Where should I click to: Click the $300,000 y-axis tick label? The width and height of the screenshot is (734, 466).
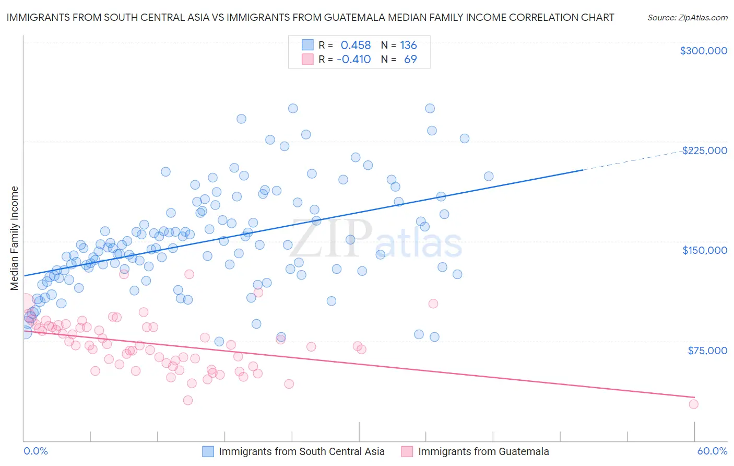(x=703, y=51)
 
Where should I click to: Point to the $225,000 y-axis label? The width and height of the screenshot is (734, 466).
(x=704, y=150)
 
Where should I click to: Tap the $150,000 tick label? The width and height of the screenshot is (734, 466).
(x=704, y=250)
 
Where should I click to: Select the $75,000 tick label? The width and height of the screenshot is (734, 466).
(x=707, y=351)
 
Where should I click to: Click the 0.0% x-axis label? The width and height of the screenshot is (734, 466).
(x=36, y=451)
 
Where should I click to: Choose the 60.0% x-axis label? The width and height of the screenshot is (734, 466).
(x=712, y=451)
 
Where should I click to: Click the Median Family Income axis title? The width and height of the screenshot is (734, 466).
(x=15, y=238)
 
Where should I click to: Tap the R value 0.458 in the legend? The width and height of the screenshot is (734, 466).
(x=356, y=45)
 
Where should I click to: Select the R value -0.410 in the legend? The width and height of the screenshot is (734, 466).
(x=353, y=60)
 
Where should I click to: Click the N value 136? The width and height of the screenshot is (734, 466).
(x=408, y=45)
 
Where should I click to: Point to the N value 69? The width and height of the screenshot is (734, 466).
(x=410, y=60)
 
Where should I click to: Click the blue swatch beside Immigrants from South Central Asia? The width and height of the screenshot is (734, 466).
(x=208, y=451)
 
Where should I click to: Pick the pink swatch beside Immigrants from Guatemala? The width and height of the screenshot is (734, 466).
(x=407, y=451)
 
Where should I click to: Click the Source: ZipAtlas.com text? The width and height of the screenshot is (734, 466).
(x=687, y=17)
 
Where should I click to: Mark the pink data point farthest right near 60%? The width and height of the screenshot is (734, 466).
(x=693, y=404)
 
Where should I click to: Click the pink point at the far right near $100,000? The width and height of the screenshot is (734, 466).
(x=433, y=304)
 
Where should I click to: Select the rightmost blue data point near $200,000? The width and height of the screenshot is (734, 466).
(x=489, y=177)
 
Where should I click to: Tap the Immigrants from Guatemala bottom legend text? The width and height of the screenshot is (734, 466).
(x=483, y=451)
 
